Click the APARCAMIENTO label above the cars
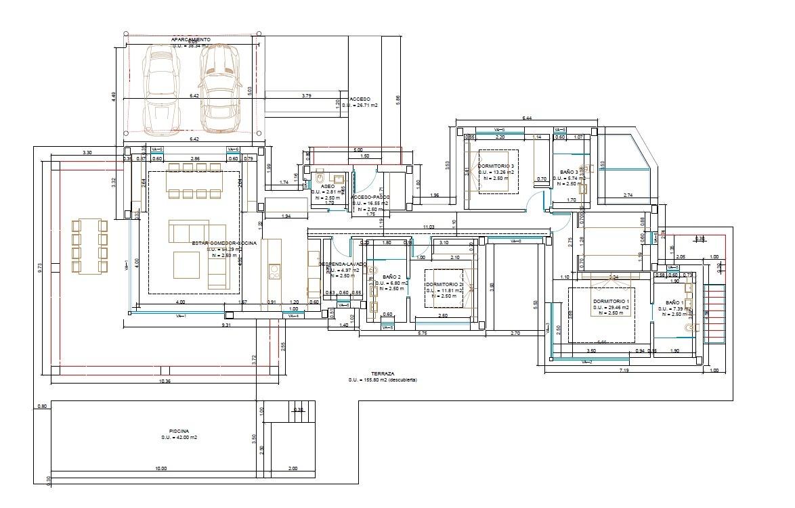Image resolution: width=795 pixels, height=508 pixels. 190,40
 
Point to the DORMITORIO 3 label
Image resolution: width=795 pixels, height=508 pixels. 496,166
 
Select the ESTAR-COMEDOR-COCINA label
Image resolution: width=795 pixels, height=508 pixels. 224,243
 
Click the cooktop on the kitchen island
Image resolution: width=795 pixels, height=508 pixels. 274,272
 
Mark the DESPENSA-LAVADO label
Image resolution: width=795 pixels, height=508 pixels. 343,264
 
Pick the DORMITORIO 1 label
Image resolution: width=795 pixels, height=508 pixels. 611,301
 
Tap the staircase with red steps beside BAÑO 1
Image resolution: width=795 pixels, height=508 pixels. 714,311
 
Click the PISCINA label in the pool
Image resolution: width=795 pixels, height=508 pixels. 179,431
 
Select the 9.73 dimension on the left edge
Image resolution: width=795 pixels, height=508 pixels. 40,267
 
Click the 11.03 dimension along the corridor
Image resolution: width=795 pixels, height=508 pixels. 428,227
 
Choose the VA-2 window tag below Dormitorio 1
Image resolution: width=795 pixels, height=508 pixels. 586,363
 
